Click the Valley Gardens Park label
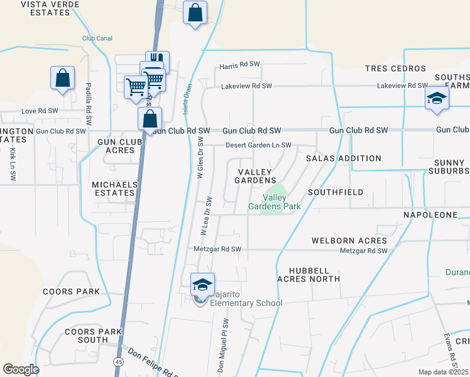tap(274, 202)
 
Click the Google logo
tap(21, 369)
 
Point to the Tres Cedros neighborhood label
tap(396, 68)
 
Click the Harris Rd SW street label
tap(240, 66)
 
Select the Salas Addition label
tap(343, 158)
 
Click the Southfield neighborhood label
tap(336, 192)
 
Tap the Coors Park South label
tap(87, 336)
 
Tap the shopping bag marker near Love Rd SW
tap(63, 79)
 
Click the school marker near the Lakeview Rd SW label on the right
tap(437, 98)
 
